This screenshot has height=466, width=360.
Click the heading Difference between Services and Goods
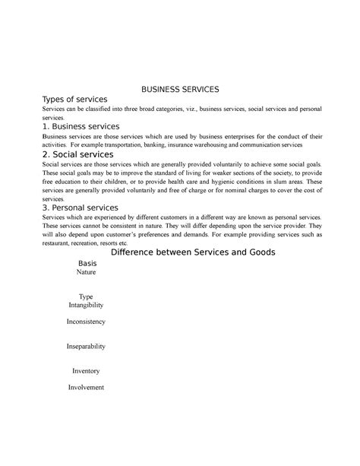click(193, 252)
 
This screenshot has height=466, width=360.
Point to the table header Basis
click(88, 263)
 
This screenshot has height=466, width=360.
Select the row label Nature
click(88, 272)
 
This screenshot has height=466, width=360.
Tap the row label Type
click(86, 296)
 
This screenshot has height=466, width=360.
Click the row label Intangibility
click(86, 305)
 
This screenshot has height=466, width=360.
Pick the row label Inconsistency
click(86, 322)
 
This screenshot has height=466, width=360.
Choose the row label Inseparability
click(86, 347)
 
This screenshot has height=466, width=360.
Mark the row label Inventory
click(86, 371)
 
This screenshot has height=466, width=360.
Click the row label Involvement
click(86, 387)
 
